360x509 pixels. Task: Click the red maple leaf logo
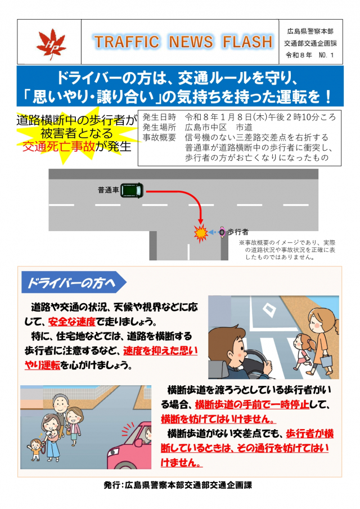pyautogui.click(x=51, y=44)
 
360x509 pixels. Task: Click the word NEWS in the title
pyautogui.click(x=191, y=42)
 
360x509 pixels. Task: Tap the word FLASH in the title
pyautogui.click(x=247, y=42)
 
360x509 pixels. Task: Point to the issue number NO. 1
pyautogui.click(x=326, y=55)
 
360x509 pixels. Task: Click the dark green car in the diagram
pyautogui.click(x=132, y=191)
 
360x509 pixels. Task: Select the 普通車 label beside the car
pyautogui.click(x=109, y=190)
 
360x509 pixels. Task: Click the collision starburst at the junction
pyautogui.click(x=200, y=233)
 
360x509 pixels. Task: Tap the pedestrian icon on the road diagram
pyautogui.click(x=222, y=232)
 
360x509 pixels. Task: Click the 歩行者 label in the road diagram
pyautogui.click(x=237, y=232)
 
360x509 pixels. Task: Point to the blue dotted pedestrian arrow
pyautogui.click(x=213, y=232)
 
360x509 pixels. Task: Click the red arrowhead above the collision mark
pyautogui.click(x=200, y=220)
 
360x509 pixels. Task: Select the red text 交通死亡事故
pyautogui.click(x=58, y=147)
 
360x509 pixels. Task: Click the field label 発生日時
pyautogui.click(x=159, y=117)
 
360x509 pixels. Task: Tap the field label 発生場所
pyautogui.click(x=159, y=127)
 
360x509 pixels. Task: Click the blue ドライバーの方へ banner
pyautogui.click(x=73, y=283)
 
